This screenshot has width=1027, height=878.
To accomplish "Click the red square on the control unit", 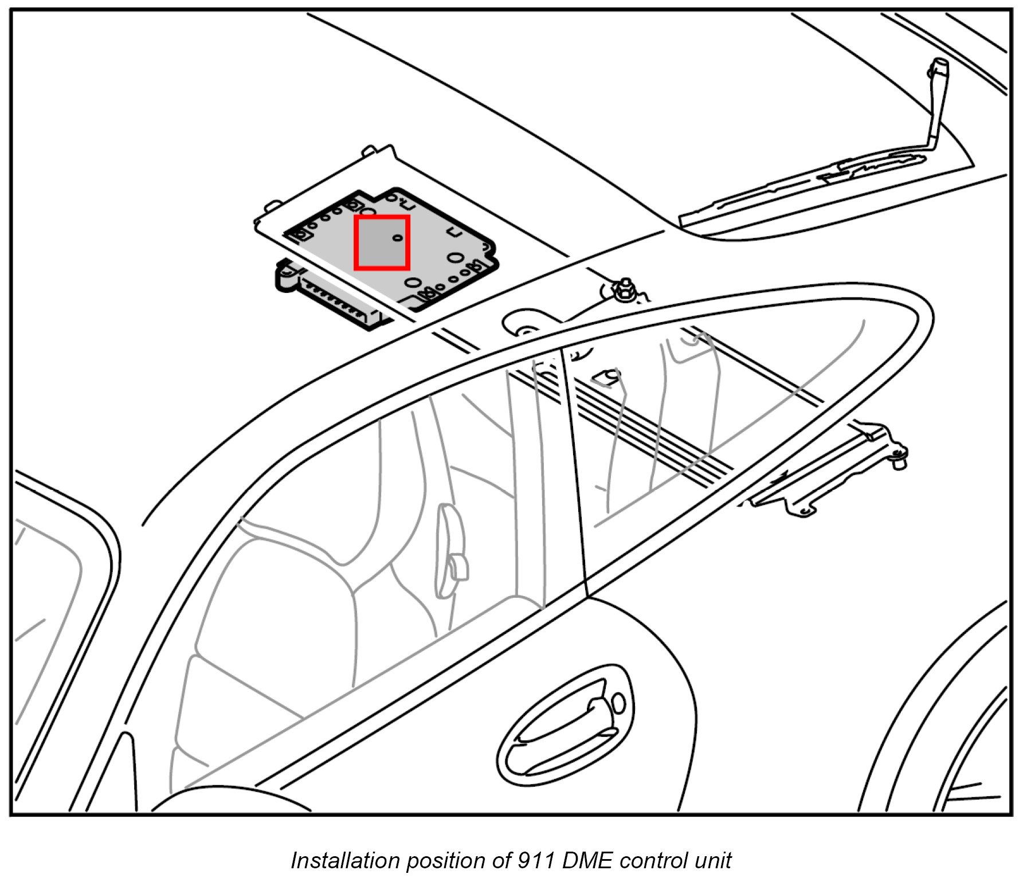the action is pyautogui.click(x=381, y=242).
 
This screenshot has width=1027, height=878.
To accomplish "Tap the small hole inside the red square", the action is pyautogui.click(x=397, y=237).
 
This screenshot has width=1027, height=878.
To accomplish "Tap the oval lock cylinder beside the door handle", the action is pyautogui.click(x=618, y=703).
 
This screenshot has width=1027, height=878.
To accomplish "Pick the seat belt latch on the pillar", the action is pyautogui.click(x=453, y=550).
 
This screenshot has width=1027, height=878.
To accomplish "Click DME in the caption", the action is pyautogui.click(x=588, y=860).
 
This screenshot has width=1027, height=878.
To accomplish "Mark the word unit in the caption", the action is pyautogui.click(x=713, y=860).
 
